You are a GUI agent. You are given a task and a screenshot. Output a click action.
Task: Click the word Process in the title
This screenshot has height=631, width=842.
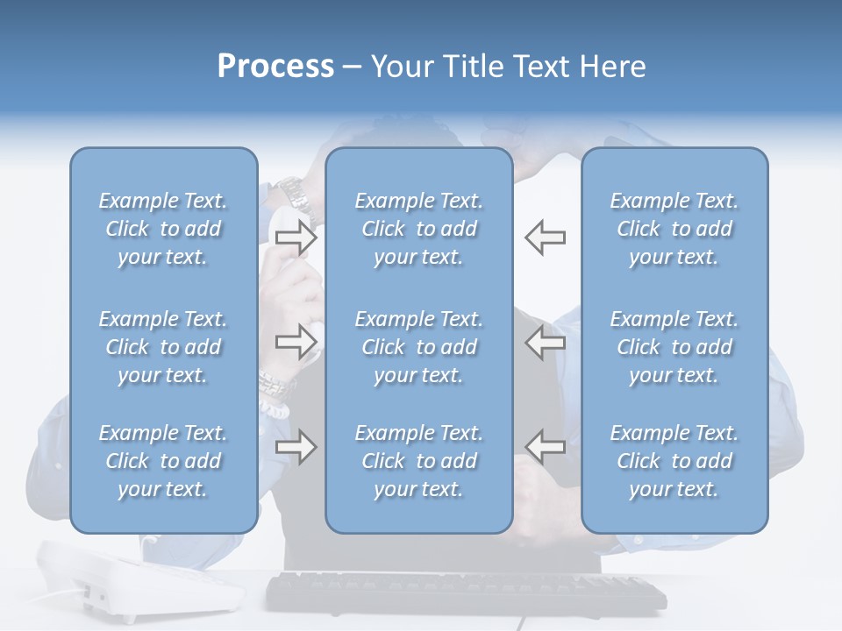point(275,67)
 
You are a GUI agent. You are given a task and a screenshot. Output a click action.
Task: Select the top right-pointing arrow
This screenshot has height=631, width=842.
point(296,237)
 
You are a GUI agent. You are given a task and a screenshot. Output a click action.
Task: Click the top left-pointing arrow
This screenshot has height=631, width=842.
point(545,237)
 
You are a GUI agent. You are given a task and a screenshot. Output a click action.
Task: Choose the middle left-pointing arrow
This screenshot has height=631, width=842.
point(545,343)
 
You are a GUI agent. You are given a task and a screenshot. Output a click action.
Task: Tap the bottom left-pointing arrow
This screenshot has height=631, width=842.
point(545,446)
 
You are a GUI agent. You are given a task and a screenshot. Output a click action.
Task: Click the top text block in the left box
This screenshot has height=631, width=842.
point(163,229)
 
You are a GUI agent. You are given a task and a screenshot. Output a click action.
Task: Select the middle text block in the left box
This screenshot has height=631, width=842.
point(163,347)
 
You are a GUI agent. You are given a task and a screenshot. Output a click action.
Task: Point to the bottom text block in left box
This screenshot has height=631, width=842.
point(163,461)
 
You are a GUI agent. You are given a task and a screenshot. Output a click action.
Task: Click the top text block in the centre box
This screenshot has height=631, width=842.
point(418,229)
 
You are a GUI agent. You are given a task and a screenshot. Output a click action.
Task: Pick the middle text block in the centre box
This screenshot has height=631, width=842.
point(418,347)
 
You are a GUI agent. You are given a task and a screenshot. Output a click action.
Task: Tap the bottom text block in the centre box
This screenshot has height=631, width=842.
point(418,461)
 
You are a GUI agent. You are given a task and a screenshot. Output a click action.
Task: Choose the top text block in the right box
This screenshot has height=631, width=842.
point(674,229)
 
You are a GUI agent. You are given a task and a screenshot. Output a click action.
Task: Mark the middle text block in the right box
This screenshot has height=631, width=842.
point(674,347)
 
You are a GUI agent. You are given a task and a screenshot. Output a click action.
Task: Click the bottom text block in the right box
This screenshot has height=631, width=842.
point(674,461)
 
